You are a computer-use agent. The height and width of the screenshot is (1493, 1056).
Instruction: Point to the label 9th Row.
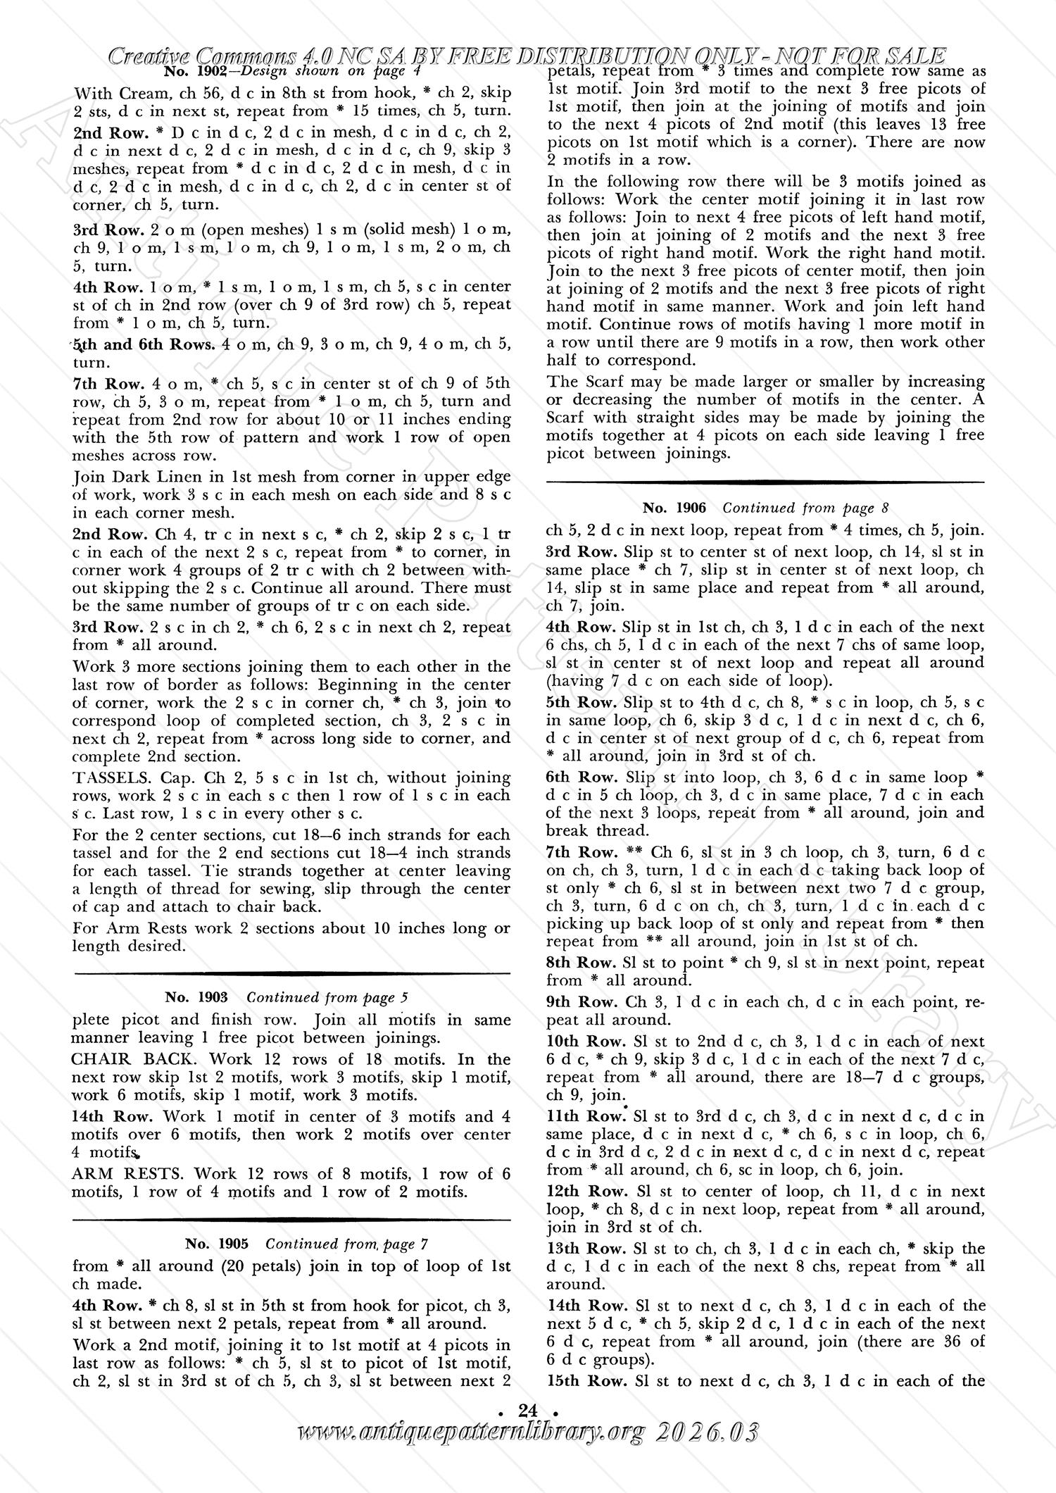(x=582, y=1001)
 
